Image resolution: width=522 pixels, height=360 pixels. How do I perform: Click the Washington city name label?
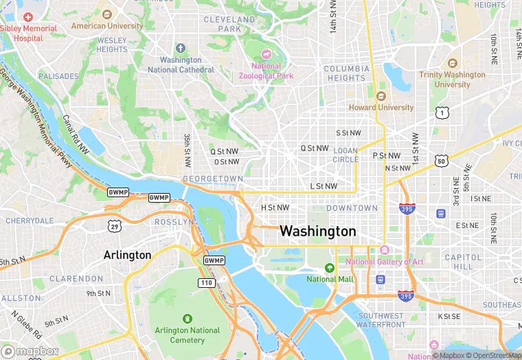[x=318, y=232]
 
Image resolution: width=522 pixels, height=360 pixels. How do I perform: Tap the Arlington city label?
[x=127, y=255]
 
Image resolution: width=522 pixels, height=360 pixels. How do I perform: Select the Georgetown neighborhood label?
[x=213, y=179]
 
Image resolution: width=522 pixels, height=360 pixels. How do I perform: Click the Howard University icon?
[x=381, y=96]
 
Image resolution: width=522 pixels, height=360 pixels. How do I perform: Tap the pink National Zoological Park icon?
[x=266, y=54]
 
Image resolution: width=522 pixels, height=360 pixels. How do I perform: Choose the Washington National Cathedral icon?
[x=181, y=48]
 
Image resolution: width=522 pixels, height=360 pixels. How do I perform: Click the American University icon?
[x=106, y=14]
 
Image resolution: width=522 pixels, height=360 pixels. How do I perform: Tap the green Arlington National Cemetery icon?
[x=187, y=319]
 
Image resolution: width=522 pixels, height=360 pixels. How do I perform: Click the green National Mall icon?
[x=330, y=268]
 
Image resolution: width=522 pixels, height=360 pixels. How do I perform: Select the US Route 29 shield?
[x=114, y=225]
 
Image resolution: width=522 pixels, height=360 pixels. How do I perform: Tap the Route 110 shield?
[x=206, y=282]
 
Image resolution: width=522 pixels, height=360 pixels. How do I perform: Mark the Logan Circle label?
[x=346, y=155]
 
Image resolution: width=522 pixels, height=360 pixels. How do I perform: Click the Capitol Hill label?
[x=459, y=261]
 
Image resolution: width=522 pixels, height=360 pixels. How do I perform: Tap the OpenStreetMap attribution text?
[x=493, y=355]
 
